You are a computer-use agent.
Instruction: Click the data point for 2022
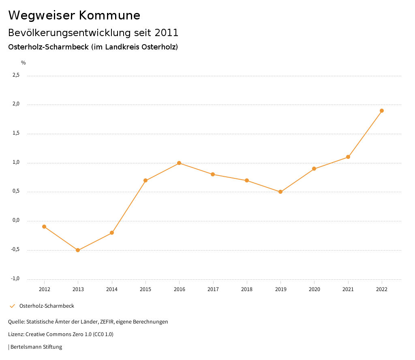(382, 111)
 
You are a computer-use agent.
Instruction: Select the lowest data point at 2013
(78, 250)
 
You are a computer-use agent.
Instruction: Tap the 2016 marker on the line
(179, 163)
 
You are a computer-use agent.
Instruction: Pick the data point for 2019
(280, 192)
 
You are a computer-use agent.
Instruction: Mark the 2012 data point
(44, 227)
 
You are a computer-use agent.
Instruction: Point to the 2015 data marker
(145, 180)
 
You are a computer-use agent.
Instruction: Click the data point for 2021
(348, 157)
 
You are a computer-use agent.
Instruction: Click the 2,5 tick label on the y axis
(16, 75)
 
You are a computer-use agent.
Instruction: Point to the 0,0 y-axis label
(16, 220)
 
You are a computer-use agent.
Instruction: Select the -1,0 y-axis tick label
(15, 279)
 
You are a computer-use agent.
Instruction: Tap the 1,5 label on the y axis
(16, 133)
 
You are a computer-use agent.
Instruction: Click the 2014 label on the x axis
(112, 289)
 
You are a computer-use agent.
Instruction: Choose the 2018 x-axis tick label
(247, 289)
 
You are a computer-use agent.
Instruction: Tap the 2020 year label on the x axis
(314, 289)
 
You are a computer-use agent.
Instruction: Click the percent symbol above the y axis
(24, 63)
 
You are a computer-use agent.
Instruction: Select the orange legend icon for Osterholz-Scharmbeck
(12, 306)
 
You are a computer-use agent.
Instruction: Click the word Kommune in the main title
(109, 15)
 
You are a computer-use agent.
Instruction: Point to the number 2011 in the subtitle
(167, 32)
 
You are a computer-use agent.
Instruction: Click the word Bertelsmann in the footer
(26, 347)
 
